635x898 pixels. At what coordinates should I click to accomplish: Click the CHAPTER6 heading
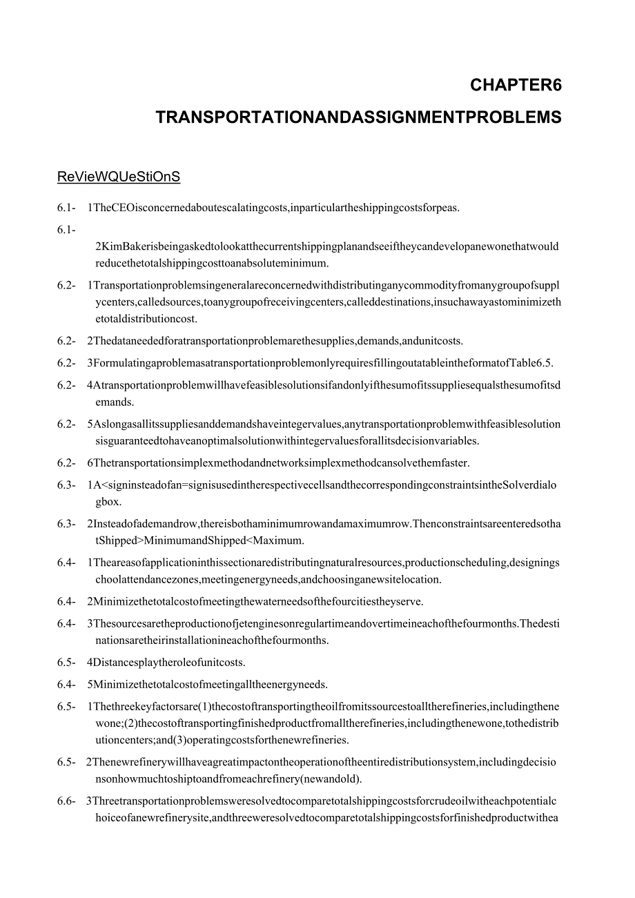click(516, 86)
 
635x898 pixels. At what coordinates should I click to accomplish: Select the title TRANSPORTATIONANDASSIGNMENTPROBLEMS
click(358, 118)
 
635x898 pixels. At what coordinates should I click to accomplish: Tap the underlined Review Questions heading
click(118, 177)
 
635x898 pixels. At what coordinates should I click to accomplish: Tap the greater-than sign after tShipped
click(141, 540)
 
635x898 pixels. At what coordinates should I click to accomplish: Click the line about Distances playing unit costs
click(166, 663)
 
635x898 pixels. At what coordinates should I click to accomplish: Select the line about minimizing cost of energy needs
click(207, 685)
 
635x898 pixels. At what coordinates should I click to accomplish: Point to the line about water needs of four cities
click(255, 601)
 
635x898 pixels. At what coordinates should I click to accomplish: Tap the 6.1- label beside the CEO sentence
click(66, 208)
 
